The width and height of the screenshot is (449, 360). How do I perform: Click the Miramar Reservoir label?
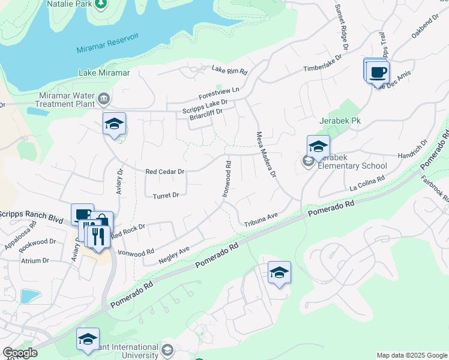coord(107,44)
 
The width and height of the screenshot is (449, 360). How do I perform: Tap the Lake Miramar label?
coord(104,73)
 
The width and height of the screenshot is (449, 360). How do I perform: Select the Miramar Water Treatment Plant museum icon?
coord(104,98)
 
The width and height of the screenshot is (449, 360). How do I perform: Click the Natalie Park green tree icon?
coord(102,4)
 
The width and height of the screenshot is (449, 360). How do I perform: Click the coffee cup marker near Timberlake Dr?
coord(378,73)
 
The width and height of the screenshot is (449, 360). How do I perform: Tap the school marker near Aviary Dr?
coord(114,124)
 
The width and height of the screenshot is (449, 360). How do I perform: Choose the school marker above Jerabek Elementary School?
coord(318,146)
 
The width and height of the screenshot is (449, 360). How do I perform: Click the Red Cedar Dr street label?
coord(164,171)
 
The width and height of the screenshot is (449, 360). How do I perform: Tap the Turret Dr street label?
coord(166,196)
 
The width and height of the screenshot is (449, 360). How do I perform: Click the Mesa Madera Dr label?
coord(265,155)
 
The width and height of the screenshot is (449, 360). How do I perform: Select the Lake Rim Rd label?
coord(229,70)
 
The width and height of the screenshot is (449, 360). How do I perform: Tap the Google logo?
coord(20,353)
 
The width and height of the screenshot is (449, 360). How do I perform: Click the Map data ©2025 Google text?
coord(411,355)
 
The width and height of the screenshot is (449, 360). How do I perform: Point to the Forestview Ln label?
coord(219,94)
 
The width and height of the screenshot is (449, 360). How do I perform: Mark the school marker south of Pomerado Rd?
coord(279,273)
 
